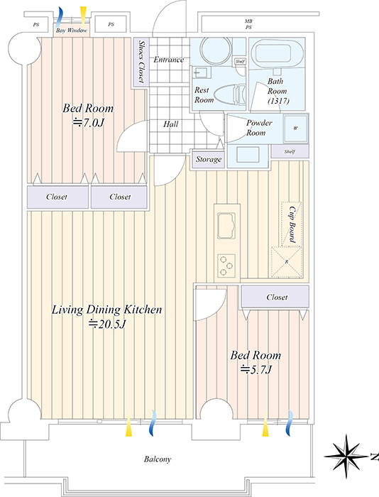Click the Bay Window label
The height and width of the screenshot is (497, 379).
[x=71, y=31]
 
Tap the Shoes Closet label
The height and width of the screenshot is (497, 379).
[x=141, y=62]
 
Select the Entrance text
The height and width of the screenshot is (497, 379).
[x=169, y=60]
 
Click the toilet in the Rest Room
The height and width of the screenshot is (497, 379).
[x=229, y=94]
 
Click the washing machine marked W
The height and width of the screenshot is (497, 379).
[x=296, y=129]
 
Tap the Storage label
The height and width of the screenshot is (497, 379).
[x=209, y=159]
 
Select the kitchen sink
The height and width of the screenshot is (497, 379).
[x=226, y=225]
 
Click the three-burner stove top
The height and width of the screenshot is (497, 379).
[x=226, y=266]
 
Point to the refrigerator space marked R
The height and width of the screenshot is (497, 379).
[x=287, y=262]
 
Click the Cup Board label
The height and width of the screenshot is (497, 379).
[x=292, y=224]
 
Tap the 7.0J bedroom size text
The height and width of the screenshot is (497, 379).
[x=88, y=123]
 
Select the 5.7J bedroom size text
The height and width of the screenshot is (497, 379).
[x=256, y=370]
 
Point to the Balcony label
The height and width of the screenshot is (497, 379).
[x=158, y=459]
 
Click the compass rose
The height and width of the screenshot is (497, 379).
[x=346, y=456]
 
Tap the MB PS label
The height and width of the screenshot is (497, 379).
[x=248, y=24]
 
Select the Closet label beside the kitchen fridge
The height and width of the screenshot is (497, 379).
[x=277, y=297]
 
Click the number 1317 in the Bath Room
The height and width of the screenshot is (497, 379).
[x=278, y=101]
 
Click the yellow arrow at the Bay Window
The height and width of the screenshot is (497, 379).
[x=83, y=17]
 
